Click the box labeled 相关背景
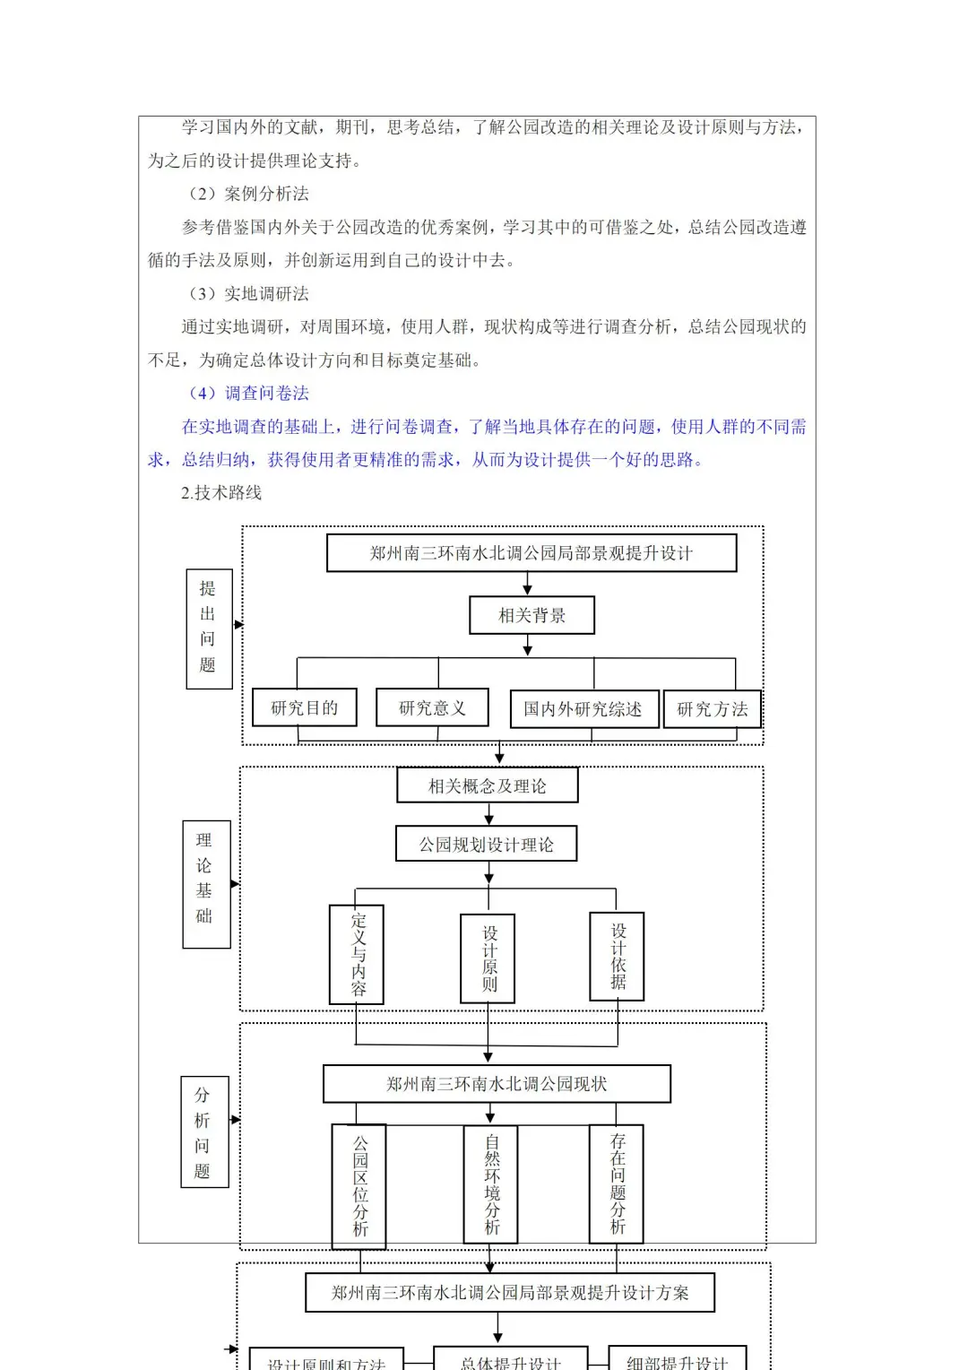click(x=532, y=615)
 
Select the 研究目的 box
click(x=304, y=707)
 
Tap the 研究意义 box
click(x=433, y=707)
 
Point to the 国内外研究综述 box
click(x=583, y=709)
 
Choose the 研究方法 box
click(x=712, y=709)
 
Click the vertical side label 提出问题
click(x=209, y=628)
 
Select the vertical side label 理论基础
click(x=206, y=883)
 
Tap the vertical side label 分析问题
click(x=204, y=1132)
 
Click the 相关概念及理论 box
click(x=488, y=785)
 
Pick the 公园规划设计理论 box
click(x=487, y=844)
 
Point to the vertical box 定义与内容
click(x=358, y=954)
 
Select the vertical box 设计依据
click(x=618, y=956)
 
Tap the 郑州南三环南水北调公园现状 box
click(x=497, y=1084)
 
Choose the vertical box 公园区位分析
click(x=359, y=1185)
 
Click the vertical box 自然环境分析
click(x=491, y=1184)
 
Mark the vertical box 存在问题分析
click(x=617, y=1184)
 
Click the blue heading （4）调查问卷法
click(x=248, y=393)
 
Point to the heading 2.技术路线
click(x=221, y=492)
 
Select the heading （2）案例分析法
click(x=248, y=194)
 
